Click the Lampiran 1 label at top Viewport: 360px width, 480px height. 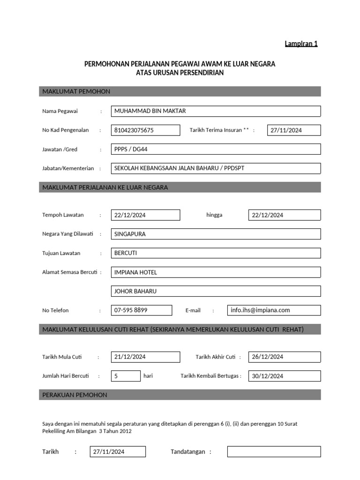301,44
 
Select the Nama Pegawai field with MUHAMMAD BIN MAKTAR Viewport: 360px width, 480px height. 216,111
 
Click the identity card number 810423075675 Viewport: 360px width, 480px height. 145,130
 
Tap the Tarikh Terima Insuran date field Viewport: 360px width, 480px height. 294,130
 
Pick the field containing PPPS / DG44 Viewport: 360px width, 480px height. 216,149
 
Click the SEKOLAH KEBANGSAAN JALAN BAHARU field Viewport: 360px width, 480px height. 216,168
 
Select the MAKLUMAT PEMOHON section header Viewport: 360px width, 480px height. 180,91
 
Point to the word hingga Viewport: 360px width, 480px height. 214,215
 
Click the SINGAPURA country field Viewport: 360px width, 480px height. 216,234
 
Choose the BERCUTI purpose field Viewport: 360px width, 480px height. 216,253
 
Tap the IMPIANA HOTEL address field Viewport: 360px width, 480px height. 216,272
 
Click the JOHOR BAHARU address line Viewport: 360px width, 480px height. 216,291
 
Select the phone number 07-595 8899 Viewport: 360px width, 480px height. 142,310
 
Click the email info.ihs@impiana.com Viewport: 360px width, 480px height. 274,310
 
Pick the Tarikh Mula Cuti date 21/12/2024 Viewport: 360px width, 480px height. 145,357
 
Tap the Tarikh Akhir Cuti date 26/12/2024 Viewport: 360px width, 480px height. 284,357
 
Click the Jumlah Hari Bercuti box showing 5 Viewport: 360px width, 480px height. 126,376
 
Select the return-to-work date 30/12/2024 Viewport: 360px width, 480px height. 284,376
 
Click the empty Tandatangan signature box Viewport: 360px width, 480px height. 274,452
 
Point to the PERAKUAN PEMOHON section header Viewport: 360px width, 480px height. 180,395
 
